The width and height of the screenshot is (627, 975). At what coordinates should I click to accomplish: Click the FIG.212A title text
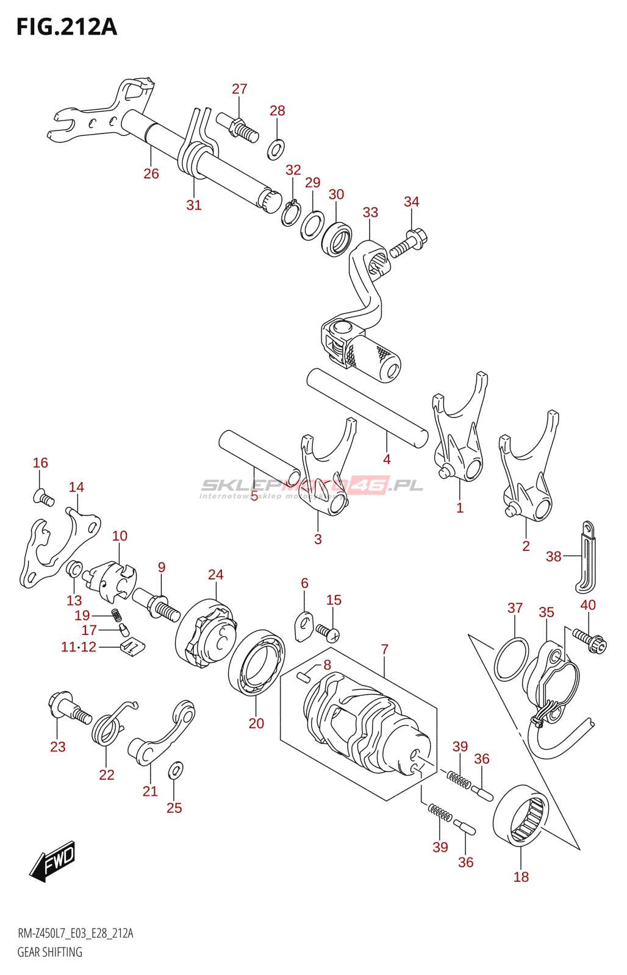[66, 27]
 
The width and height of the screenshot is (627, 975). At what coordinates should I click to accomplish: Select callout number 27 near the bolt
[240, 89]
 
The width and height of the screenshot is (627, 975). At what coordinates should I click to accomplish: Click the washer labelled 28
[276, 148]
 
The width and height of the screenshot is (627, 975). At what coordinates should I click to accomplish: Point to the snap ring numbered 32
[290, 213]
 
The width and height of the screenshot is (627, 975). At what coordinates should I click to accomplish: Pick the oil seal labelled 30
[337, 239]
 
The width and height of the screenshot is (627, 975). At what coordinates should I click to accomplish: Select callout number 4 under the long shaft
[387, 459]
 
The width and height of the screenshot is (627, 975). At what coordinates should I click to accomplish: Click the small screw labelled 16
[44, 498]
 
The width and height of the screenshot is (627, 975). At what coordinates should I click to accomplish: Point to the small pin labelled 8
[304, 674]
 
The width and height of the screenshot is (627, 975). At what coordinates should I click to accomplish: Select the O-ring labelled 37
[511, 659]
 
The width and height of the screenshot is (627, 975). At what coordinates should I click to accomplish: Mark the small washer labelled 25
[175, 770]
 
